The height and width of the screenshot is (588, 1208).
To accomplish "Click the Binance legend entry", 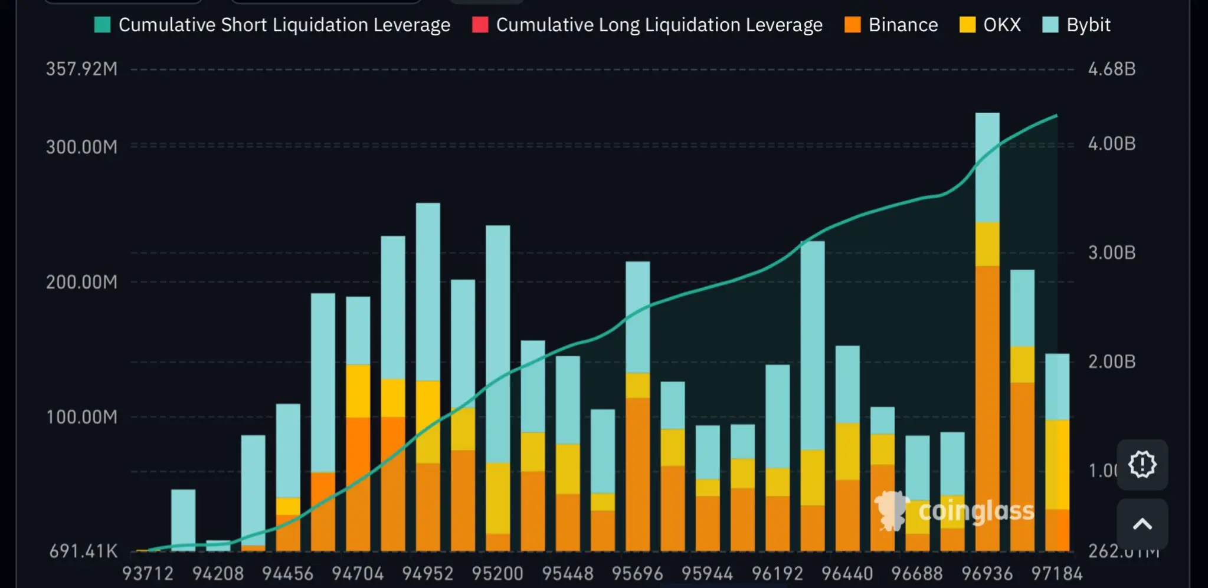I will (891, 25).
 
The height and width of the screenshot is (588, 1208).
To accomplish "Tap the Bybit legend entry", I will (1076, 25).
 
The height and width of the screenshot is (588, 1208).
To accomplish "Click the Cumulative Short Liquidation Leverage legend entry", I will (272, 25).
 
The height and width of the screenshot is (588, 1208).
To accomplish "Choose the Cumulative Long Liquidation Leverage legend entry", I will (647, 25).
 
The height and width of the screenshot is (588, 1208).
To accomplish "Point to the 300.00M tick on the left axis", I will (81, 147).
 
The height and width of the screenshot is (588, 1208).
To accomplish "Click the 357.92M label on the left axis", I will (81, 69).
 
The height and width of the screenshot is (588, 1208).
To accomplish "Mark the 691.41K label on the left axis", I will (83, 551).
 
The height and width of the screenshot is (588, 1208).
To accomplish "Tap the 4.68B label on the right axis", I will (1112, 69).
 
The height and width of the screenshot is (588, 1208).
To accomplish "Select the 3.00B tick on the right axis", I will (1112, 253).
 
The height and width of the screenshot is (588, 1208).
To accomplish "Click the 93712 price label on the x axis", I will (148, 573).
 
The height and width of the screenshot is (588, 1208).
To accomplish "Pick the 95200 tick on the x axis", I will (497, 573).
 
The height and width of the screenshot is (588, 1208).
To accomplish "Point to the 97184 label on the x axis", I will (1056, 573).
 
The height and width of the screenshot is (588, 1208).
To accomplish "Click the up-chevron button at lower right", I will (1142, 524).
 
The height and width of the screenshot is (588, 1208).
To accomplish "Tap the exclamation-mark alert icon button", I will (1142, 464).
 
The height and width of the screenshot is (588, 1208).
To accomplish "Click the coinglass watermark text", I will (976, 511).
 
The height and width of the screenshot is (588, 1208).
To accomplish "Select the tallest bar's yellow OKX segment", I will (987, 244).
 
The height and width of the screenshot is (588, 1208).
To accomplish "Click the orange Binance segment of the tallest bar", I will (987, 407).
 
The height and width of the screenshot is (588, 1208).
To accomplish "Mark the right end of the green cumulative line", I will (1056, 116).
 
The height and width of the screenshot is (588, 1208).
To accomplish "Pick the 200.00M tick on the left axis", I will (81, 282).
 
